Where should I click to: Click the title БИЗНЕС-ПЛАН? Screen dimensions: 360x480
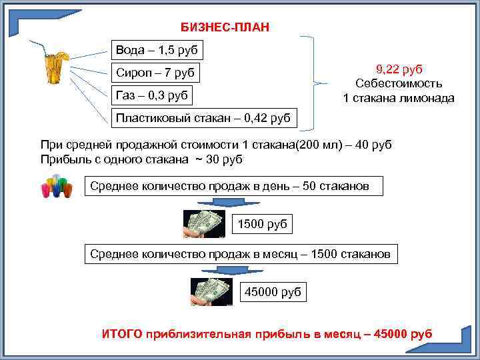tap(226, 27)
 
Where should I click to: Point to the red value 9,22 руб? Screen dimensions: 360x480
tap(399, 69)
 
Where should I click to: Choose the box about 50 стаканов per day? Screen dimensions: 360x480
tap(234, 186)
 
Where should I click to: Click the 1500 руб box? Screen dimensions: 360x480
tap(263, 224)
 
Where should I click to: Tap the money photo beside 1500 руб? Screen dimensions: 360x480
tap(204, 224)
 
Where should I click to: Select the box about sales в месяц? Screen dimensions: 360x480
tap(244, 254)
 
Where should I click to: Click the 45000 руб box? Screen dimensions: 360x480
tap(273, 291)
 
